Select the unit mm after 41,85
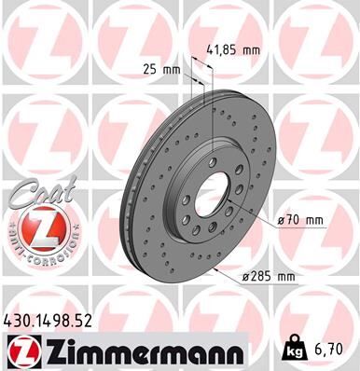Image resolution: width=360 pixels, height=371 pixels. [x=251, y=51]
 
